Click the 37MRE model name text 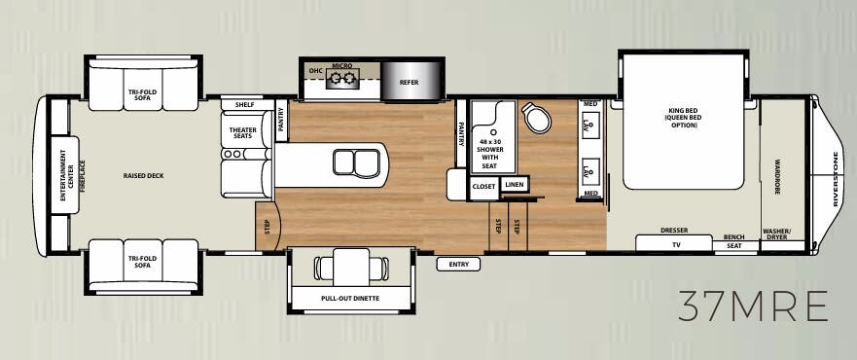754,306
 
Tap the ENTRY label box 452,264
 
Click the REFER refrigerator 410,83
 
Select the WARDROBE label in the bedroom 778,175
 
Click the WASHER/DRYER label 776,234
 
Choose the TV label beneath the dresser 674,245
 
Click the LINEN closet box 515,185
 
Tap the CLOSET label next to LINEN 483,185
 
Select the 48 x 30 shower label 489,152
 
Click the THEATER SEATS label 242,132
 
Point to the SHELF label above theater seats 244,105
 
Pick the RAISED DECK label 143,176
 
